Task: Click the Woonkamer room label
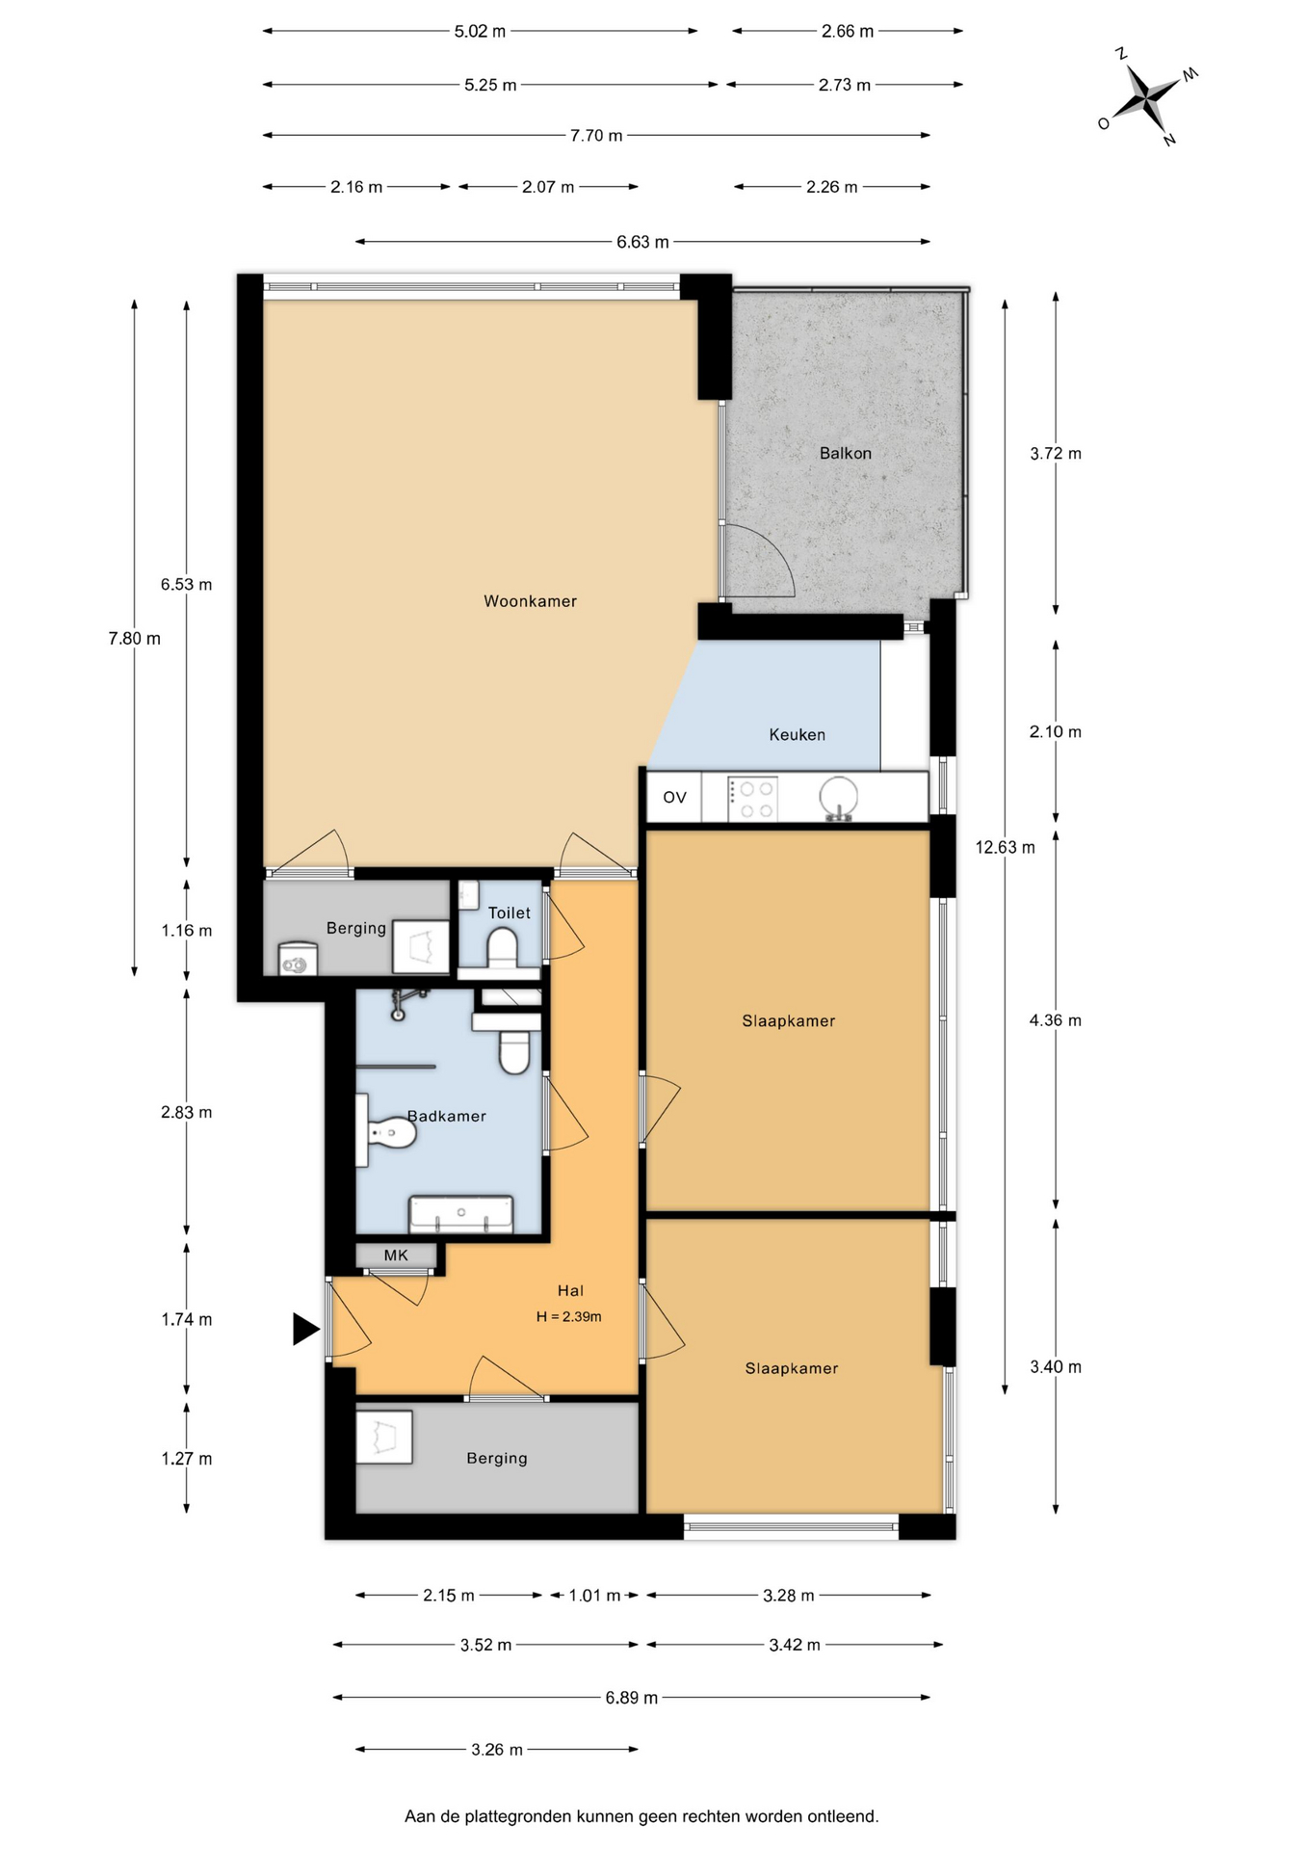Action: click(530, 601)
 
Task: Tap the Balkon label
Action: click(845, 453)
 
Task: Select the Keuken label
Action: click(797, 734)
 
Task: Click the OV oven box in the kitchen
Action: click(674, 797)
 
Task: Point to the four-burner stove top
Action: click(752, 799)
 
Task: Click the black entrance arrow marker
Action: click(305, 1329)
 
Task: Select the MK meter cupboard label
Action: click(396, 1255)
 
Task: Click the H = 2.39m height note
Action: click(568, 1316)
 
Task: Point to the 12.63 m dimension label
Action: click(1005, 847)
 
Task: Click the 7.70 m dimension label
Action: click(596, 136)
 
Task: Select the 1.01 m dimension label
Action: click(594, 1596)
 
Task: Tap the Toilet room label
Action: click(509, 912)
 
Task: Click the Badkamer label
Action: click(446, 1116)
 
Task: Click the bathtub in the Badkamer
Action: click(461, 1214)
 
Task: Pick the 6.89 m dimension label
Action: click(632, 1698)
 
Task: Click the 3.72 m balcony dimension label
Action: click(1056, 453)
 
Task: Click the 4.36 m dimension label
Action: click(1056, 1020)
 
